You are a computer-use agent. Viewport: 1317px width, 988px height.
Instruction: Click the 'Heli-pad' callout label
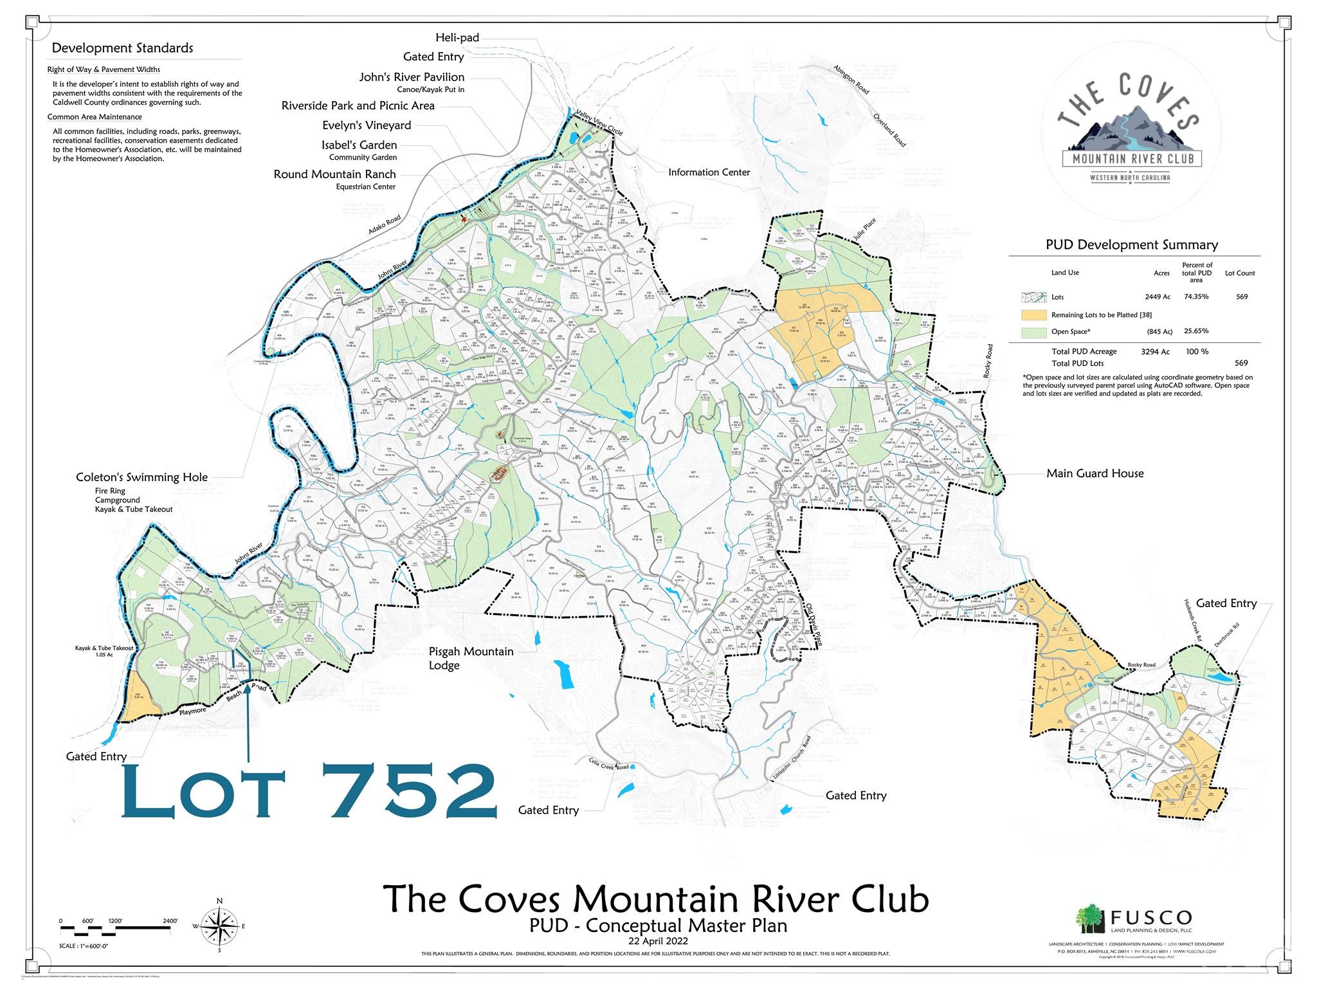(x=457, y=38)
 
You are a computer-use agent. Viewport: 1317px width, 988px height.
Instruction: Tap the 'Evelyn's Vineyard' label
(x=367, y=125)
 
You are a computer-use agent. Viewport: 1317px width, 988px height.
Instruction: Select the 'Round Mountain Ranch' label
(x=334, y=174)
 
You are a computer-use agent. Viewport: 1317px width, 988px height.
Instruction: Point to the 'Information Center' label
(x=709, y=172)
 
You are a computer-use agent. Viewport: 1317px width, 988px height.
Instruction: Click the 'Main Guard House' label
(x=1094, y=473)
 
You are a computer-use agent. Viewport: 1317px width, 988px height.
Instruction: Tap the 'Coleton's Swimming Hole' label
(x=141, y=477)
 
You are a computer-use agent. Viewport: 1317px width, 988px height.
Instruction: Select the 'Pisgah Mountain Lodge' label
(x=471, y=658)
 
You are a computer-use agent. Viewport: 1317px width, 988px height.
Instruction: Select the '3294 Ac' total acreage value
(x=1155, y=352)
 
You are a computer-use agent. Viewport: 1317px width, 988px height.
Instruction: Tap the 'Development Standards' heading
(x=122, y=48)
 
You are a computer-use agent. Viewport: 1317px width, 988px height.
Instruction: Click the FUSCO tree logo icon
(x=1089, y=918)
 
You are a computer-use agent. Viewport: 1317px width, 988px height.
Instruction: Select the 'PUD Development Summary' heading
(x=1131, y=245)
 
